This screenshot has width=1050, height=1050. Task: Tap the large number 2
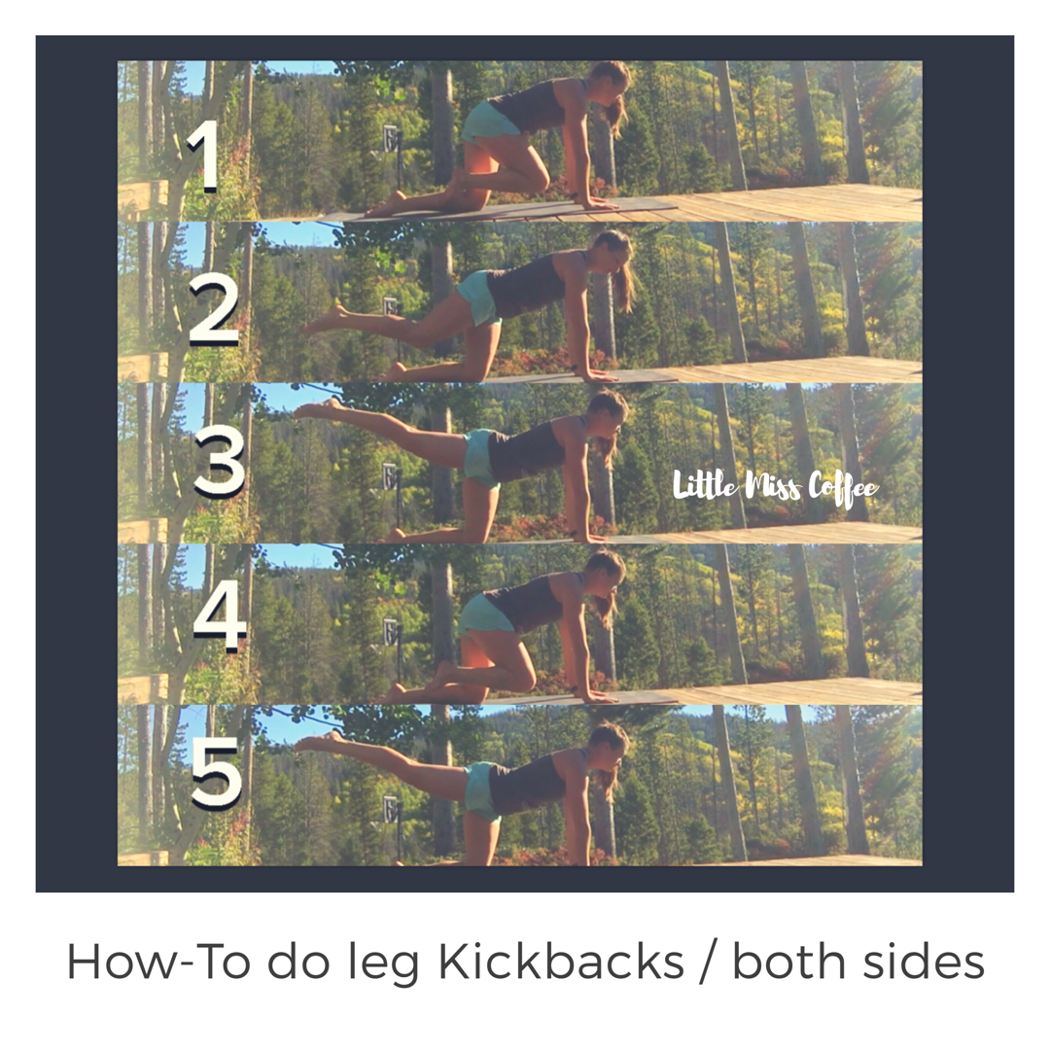click(x=214, y=309)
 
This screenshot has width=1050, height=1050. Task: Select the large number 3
click(x=220, y=462)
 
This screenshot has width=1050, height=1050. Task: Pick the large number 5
click(x=216, y=774)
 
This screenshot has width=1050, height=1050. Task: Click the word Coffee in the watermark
click(x=843, y=487)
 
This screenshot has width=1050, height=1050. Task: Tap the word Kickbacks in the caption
click(x=561, y=962)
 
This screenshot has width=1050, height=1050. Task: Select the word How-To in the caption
click(x=159, y=962)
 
